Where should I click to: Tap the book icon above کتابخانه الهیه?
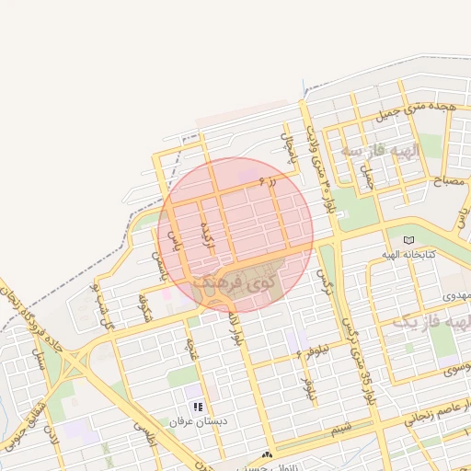[x=408, y=239]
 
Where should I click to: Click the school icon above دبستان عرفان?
[x=197, y=406]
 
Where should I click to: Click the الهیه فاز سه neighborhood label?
[x=379, y=150]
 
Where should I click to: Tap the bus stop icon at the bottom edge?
[x=268, y=454]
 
